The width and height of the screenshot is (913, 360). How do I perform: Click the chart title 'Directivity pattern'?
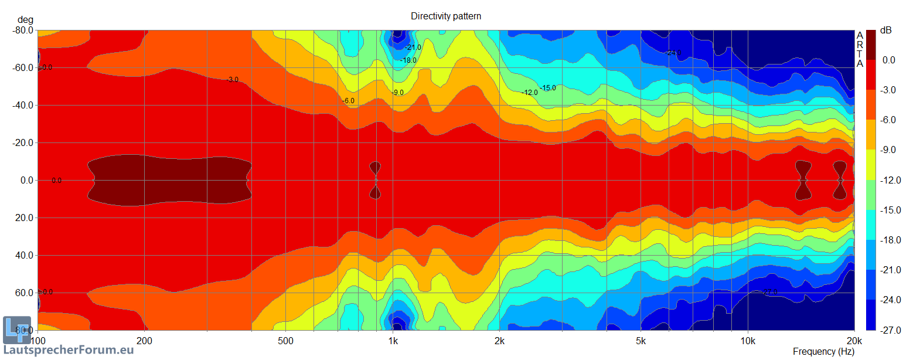446,16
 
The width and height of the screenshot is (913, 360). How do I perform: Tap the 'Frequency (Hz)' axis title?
823,352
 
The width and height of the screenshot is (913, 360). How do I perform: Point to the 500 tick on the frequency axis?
285,341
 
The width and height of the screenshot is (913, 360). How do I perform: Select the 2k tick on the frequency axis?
499,341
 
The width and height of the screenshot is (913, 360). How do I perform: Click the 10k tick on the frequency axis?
748,341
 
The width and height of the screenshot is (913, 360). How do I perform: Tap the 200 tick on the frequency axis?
144,341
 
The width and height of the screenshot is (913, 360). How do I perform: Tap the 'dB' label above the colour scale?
886,30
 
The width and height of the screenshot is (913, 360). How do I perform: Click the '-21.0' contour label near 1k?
414,47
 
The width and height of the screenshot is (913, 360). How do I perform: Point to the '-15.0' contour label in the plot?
548,88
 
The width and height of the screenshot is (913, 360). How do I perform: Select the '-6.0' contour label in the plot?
349,101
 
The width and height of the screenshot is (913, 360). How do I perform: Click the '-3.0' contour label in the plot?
233,80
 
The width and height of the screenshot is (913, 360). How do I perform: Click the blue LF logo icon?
16,330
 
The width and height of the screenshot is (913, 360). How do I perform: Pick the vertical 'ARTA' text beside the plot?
860,49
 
